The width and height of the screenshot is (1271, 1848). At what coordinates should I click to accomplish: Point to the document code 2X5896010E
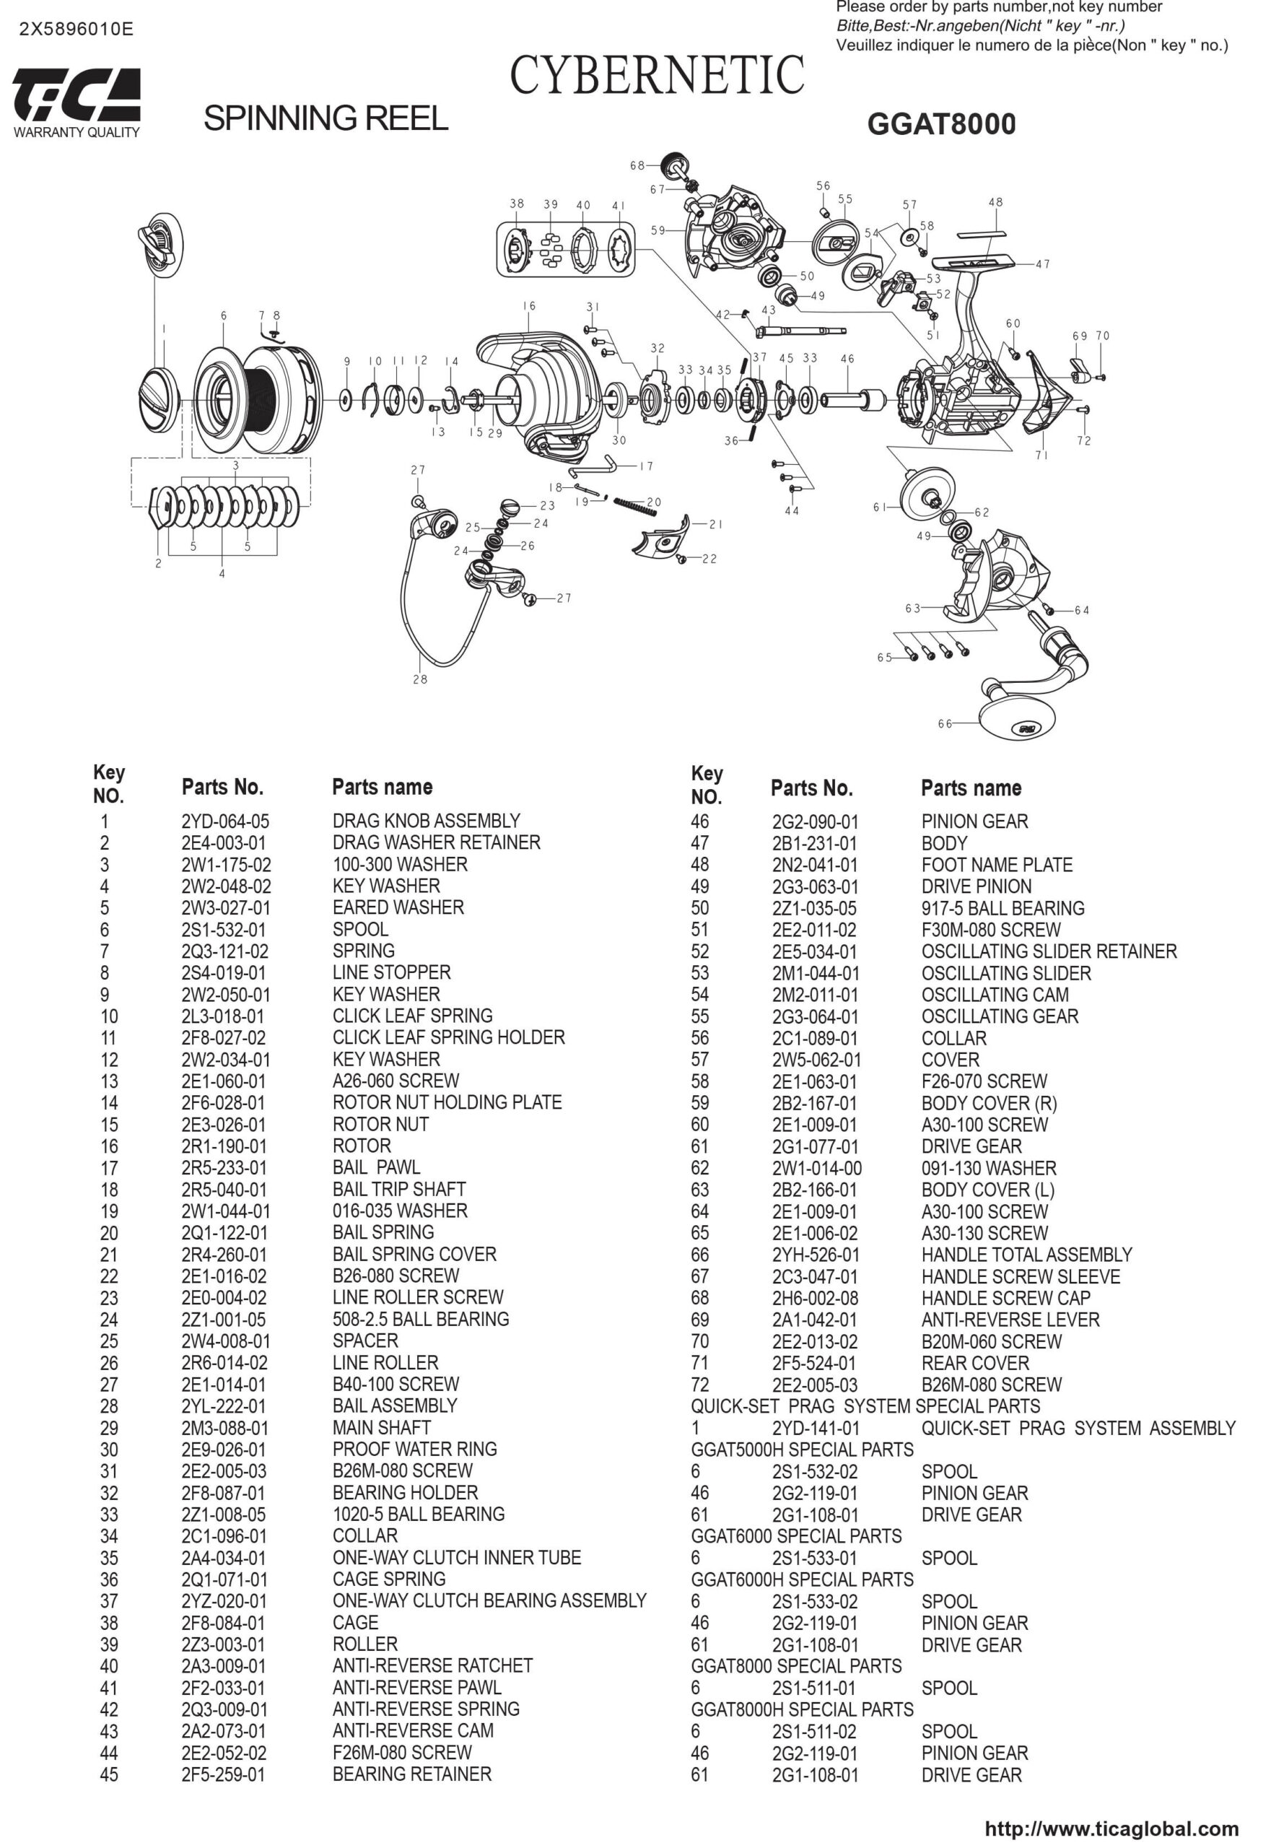77,30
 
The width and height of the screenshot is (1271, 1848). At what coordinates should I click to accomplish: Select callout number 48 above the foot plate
995,202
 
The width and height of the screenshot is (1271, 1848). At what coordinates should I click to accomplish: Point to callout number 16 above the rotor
530,306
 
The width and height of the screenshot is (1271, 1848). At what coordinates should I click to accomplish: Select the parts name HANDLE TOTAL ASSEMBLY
1026,1255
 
